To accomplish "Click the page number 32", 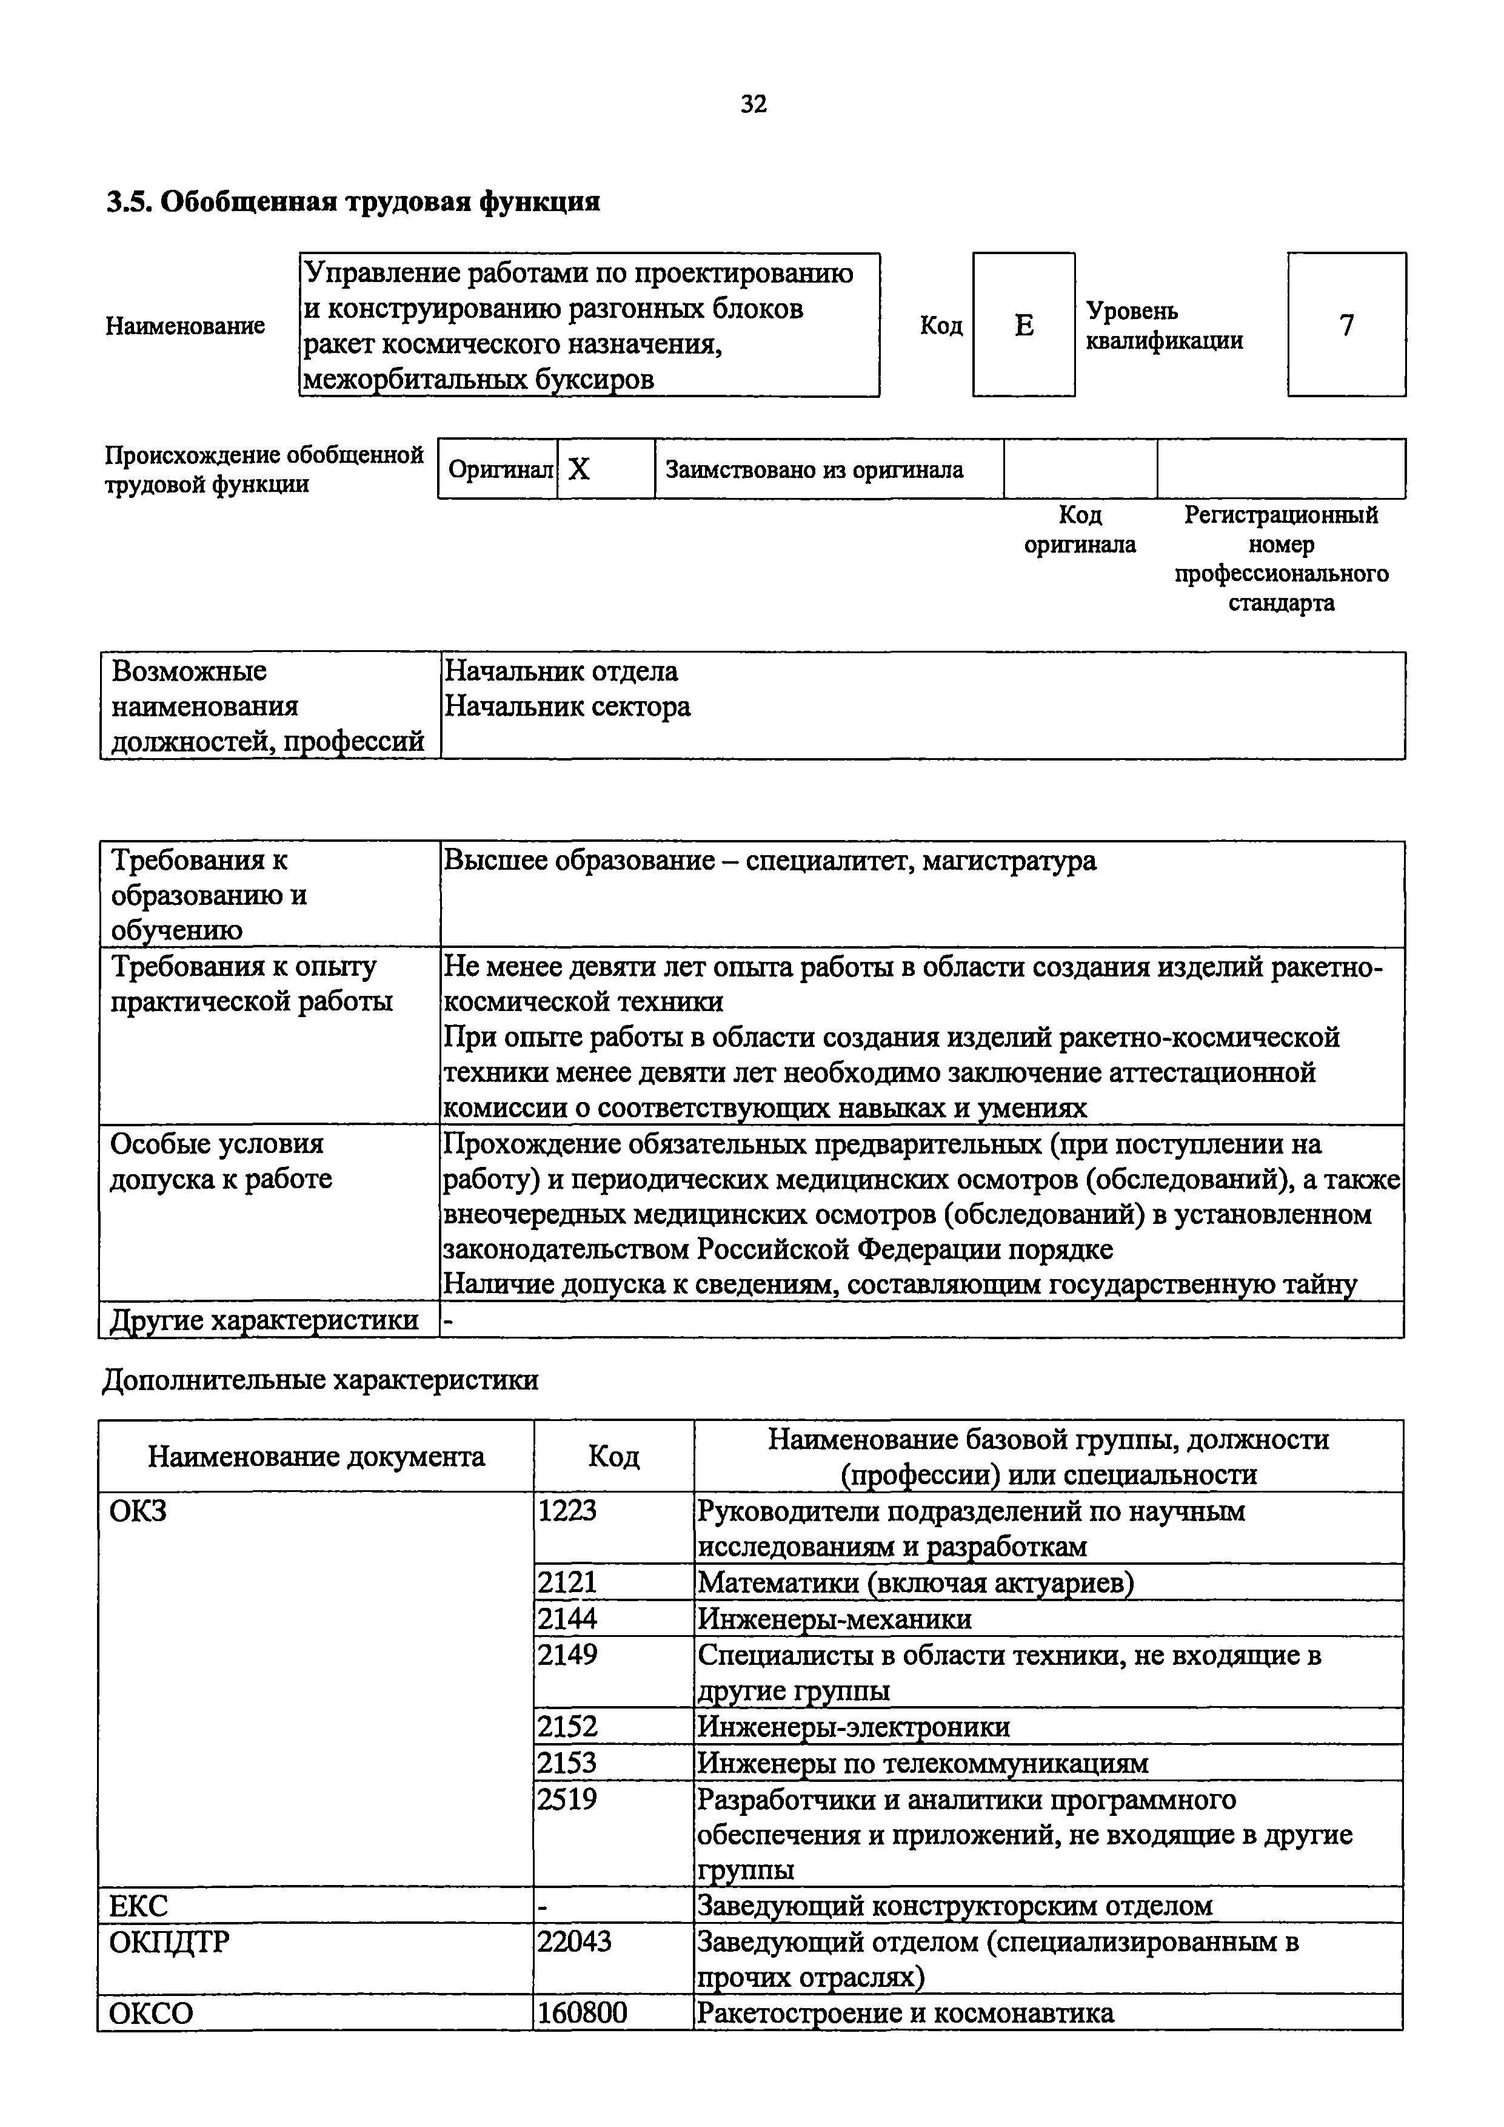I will coord(753,104).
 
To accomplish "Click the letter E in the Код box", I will coord(1023,325).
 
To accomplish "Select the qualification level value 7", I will coord(1346,325).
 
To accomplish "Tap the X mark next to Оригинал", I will coord(579,469).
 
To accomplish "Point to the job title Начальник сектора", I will coord(567,707).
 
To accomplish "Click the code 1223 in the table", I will coord(567,1511).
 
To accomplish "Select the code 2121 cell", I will coord(567,1581).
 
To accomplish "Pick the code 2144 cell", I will coord(567,1618).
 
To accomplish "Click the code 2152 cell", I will coord(567,1726).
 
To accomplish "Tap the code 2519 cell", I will coord(567,1798).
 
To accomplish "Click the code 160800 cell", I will coord(581,2012).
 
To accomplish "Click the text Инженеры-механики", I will coord(834,1618).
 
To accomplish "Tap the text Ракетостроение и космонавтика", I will coord(905,2012).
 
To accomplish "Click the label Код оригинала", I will coord(1079,529).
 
